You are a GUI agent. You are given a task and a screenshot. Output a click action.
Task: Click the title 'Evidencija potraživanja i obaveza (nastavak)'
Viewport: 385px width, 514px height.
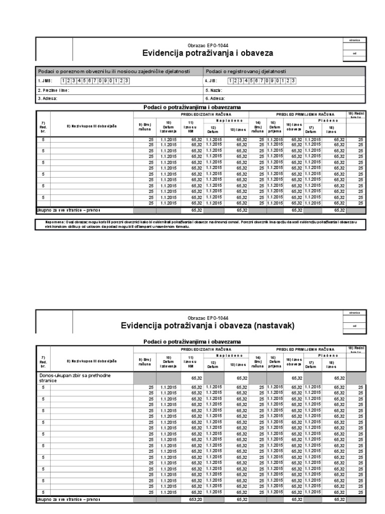pyautogui.click(x=208, y=326)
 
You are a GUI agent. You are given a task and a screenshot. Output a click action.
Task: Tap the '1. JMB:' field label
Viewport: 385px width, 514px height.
pyautogui.click(x=45, y=81)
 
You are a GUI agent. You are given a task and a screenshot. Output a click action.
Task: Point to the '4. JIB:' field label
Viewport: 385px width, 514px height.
pyautogui.click(x=211, y=81)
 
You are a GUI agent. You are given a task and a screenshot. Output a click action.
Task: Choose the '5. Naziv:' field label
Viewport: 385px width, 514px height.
pyautogui.click(x=214, y=90)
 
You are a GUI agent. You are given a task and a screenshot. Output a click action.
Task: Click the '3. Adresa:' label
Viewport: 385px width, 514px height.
pyautogui.click(x=48, y=99)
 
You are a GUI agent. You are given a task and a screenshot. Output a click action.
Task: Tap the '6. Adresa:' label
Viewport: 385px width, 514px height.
pyautogui.click(x=215, y=99)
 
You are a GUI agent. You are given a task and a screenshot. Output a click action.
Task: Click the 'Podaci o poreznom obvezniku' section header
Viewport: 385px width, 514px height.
pyautogui.click(x=113, y=71)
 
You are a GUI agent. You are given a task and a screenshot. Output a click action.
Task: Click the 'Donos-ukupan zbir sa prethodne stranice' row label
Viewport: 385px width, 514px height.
pyautogui.click(x=75, y=377)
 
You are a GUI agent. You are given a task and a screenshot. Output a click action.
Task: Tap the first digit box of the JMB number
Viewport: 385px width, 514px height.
pyautogui.click(x=64, y=81)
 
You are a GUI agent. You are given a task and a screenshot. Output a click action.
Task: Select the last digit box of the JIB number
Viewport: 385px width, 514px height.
pyautogui.click(x=293, y=81)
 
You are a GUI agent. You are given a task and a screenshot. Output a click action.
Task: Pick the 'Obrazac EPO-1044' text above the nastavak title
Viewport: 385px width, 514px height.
pyautogui.click(x=208, y=318)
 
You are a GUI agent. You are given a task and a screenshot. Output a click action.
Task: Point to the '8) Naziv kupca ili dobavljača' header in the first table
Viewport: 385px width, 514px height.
pyautogui.click(x=92, y=125)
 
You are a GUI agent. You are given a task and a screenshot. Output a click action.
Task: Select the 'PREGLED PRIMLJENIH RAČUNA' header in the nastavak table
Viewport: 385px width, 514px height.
pyautogui.click(x=305, y=348)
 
